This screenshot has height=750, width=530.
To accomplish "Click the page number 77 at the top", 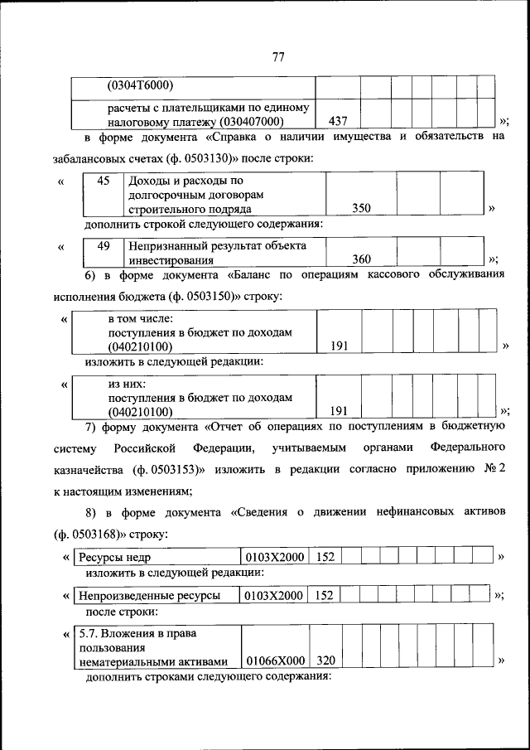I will [x=278, y=57].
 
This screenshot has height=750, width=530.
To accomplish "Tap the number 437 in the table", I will [x=338, y=121].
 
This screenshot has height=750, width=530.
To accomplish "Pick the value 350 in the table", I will [x=361, y=209].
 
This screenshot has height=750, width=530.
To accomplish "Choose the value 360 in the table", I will [x=361, y=259].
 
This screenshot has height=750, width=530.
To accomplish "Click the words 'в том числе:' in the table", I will [x=139, y=319].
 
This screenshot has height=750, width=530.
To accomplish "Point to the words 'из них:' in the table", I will [x=127, y=384].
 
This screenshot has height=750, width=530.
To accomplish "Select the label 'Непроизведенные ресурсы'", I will [x=149, y=595].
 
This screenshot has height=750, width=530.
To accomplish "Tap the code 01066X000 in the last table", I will [x=275, y=660].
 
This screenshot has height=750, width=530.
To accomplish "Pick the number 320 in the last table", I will [x=326, y=660].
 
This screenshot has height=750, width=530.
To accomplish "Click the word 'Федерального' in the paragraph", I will [x=468, y=448].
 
